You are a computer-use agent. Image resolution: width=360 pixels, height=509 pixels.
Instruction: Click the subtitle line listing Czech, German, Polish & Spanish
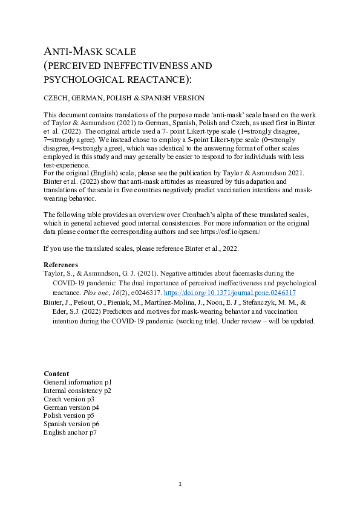tap(124, 98)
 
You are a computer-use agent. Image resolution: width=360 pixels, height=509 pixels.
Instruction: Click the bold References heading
tap(61, 265)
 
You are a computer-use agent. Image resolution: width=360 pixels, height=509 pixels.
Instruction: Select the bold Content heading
tap(56, 374)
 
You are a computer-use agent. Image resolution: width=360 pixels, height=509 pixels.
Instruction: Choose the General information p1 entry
tap(77, 382)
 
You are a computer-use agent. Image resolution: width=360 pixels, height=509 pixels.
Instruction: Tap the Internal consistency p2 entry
tap(77, 391)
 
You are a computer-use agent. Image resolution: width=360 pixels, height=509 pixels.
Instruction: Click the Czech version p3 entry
tap(69, 399)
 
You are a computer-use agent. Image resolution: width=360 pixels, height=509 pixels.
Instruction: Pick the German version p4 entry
tap(71, 407)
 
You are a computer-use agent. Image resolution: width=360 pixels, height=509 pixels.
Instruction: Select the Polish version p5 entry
tap(69, 416)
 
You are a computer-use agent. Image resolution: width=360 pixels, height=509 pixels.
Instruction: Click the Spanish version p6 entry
tap(71, 424)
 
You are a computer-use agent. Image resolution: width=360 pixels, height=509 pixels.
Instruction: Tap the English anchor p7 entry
tap(70, 433)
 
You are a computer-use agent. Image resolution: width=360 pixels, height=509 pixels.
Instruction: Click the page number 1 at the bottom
tap(180, 484)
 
